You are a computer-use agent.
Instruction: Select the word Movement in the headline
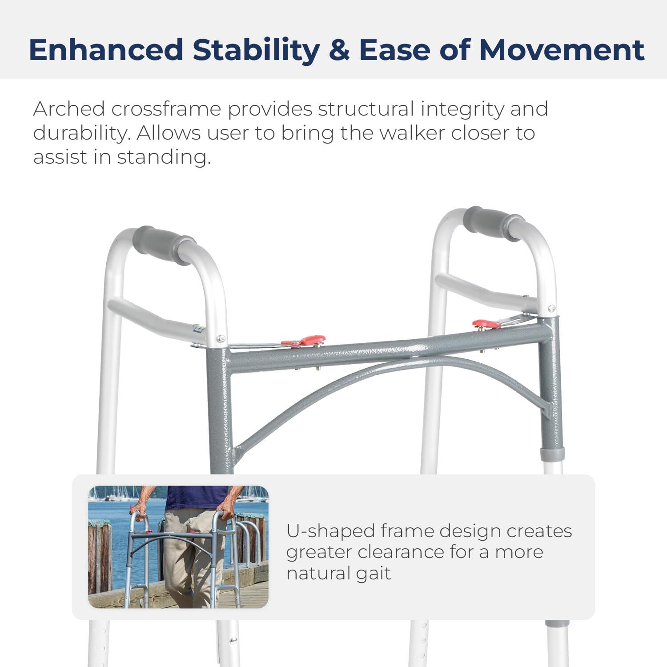[x=561, y=50]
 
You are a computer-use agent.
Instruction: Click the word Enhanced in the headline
[x=106, y=50]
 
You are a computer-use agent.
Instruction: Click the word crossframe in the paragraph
[x=166, y=109]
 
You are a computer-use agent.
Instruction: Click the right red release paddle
[x=486, y=323]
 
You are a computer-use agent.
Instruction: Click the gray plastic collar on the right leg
[x=552, y=454]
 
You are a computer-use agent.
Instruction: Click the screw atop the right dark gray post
[x=551, y=308]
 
